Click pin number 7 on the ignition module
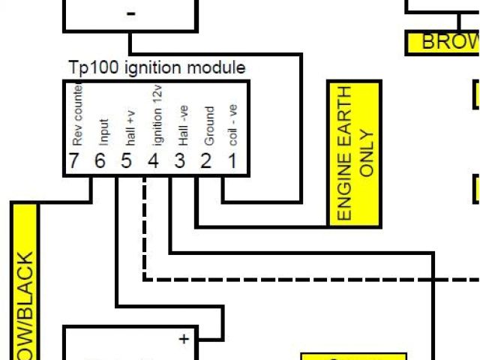(x=73, y=161)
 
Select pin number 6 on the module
(x=100, y=161)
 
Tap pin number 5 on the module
(x=127, y=161)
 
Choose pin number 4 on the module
(x=153, y=161)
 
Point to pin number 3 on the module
(x=180, y=161)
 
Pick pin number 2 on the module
(x=205, y=161)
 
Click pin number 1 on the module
(x=232, y=161)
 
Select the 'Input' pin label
(x=103, y=132)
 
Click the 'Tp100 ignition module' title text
(x=156, y=68)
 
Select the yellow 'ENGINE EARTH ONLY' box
(x=355, y=153)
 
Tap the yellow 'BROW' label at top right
(x=443, y=43)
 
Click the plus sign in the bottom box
(x=184, y=339)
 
